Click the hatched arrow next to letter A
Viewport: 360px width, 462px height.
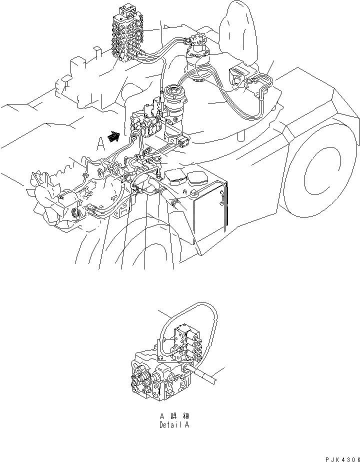pos(113,136)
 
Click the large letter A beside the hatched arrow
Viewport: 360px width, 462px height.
pos(101,144)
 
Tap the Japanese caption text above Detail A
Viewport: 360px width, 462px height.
pos(174,416)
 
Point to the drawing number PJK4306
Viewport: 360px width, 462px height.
pos(342,459)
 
